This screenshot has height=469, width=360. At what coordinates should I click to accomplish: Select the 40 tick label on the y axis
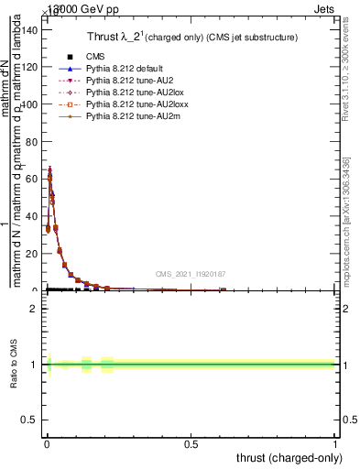pos(31,216)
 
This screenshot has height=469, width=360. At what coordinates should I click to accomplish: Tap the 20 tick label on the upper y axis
pos(31,254)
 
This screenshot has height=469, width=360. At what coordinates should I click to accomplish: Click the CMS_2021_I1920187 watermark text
pos(191,274)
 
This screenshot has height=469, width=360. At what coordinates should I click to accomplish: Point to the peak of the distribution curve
pos(49,169)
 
